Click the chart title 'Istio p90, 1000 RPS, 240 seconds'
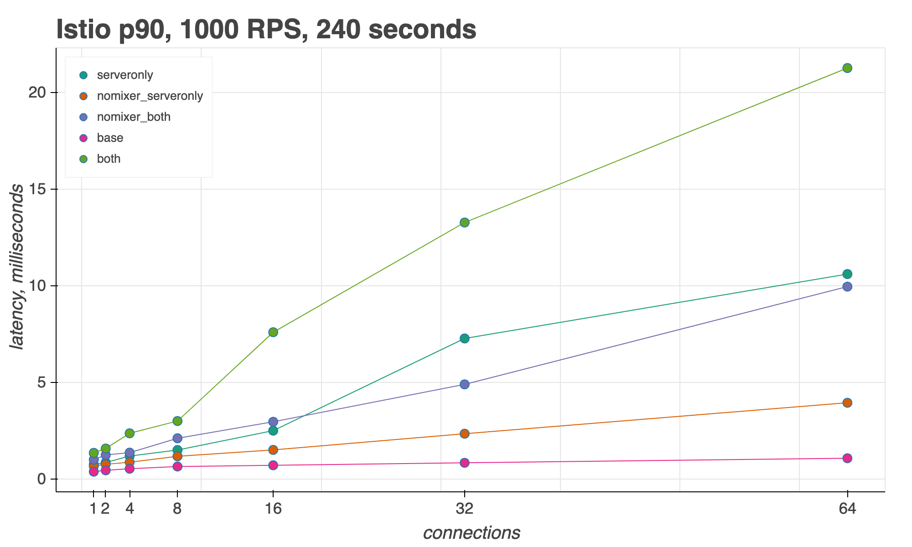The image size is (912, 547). click(266, 30)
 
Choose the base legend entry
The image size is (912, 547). click(110, 138)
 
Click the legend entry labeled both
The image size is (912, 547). click(109, 159)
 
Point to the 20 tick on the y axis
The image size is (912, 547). click(38, 93)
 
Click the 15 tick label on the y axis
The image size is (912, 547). click(38, 189)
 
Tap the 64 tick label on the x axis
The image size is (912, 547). click(847, 509)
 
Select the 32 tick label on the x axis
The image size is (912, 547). click(464, 509)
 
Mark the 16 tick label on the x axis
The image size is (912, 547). click(273, 509)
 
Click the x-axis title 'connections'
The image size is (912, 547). click(472, 533)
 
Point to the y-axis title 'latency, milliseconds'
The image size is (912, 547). click(17, 267)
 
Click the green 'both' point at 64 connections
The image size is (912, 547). click(847, 68)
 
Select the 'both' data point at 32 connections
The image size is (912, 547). click(464, 222)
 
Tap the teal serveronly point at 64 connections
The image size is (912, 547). click(847, 274)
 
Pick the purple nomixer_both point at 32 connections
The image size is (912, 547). click(464, 384)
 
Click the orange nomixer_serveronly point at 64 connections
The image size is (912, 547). click(847, 403)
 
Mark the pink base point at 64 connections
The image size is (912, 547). click(847, 458)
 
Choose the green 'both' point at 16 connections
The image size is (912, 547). click(273, 332)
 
